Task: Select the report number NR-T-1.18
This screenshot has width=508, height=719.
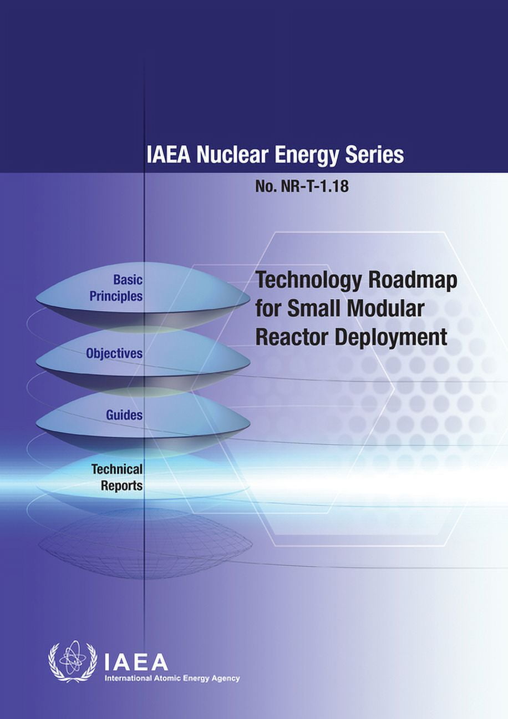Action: pos(314,186)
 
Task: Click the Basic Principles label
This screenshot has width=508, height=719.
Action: pos(116,288)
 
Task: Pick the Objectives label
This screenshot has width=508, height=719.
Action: pos(114,353)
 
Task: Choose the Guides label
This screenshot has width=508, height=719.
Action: pos(125,414)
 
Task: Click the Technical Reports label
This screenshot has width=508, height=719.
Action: pos(117,477)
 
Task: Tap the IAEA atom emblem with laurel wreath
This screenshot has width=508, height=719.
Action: pos(72,661)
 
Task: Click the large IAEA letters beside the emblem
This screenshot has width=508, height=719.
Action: pos(136,661)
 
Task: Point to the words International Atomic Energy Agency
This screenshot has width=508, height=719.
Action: pos(172,679)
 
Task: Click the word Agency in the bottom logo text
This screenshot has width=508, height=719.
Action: pos(227,679)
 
